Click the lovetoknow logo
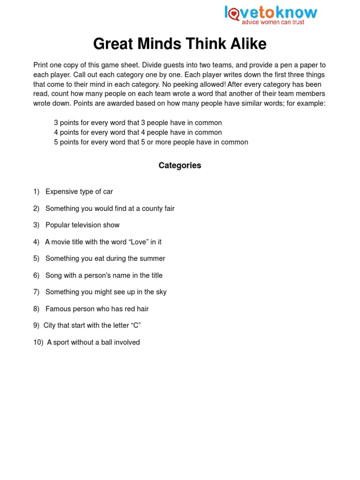271,12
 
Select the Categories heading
180,165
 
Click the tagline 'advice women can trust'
273,22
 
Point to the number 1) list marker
37,192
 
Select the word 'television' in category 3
87,225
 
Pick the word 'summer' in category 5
154,258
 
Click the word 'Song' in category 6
53,275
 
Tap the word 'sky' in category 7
161,292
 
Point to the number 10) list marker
38,342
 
